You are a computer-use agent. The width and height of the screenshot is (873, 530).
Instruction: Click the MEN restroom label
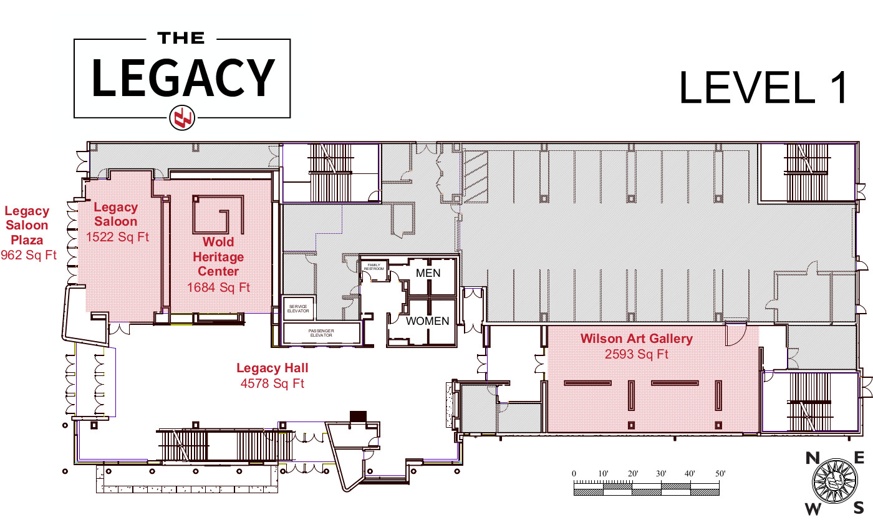428,273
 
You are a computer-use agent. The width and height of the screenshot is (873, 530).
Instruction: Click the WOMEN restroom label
428,321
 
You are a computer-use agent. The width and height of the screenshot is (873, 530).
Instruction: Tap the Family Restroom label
374,267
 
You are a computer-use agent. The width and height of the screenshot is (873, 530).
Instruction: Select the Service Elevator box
298,308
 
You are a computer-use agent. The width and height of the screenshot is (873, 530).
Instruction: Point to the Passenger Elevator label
321,333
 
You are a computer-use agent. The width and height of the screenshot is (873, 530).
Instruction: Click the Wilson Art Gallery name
637,339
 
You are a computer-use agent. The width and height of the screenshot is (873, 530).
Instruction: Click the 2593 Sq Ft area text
637,354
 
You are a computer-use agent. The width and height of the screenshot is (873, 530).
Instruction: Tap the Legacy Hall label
273,368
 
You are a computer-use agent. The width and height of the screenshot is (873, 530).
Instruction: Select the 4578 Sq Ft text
273,383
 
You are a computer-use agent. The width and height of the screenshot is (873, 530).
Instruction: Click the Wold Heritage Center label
218,256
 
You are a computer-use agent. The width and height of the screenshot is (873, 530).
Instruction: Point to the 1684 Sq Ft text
218,287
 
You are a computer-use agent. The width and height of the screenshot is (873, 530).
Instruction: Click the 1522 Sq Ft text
117,237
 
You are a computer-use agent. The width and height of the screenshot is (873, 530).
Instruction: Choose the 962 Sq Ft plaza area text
29,255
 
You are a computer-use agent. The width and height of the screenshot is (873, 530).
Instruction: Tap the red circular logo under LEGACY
182,118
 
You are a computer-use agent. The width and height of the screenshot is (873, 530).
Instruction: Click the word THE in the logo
181,38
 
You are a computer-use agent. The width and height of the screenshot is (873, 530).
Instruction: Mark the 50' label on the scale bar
720,473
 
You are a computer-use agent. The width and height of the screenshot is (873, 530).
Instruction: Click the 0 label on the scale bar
574,473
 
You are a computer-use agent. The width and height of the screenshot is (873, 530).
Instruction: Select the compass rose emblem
835,481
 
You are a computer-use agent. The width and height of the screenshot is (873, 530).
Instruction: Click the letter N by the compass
813,458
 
